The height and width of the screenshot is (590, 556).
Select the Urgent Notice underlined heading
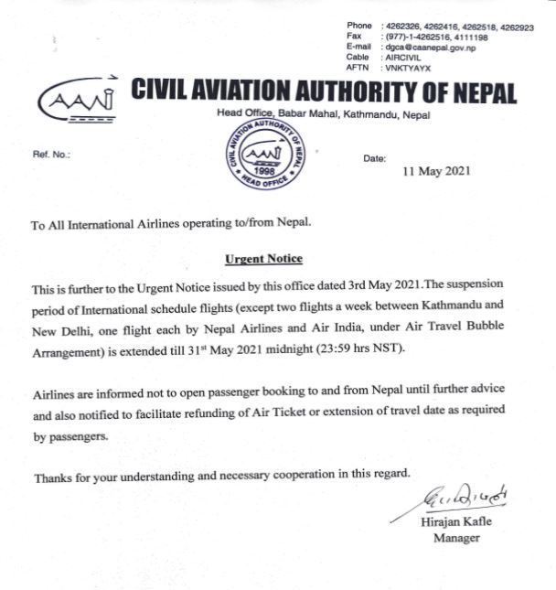(263, 260)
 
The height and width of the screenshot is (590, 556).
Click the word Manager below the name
(456, 538)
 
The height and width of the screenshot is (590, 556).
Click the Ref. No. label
(51, 154)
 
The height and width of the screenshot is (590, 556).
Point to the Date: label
(375, 158)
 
